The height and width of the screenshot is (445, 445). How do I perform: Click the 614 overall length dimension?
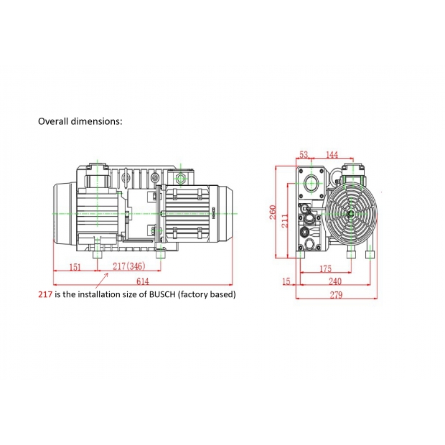142,281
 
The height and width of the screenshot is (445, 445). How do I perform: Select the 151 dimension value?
75,267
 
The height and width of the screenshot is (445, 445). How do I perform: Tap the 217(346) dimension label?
129,266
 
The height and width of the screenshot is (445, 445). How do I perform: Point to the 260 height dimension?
273,212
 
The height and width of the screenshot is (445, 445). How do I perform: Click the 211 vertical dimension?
285,221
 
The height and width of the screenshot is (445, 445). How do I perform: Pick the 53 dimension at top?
304,154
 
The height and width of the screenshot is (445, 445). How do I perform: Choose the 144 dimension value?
332,154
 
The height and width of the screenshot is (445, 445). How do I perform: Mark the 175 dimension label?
325,268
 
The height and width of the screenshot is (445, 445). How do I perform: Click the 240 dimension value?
335,281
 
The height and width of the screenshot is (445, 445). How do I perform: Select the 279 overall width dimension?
336,295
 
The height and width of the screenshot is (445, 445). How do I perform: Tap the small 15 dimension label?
286,281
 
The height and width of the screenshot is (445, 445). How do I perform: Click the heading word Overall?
53,121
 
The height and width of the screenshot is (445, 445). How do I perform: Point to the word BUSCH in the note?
162,294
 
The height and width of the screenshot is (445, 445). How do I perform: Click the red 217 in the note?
45,294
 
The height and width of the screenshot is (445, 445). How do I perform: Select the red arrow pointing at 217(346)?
102,281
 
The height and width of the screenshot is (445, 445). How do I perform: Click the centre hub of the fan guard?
351,213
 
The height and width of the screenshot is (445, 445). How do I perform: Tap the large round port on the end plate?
311,183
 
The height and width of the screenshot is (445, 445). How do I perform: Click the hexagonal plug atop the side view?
181,179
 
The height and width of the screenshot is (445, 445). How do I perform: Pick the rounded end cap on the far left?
65,213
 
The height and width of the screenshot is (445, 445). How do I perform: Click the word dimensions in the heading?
96,121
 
